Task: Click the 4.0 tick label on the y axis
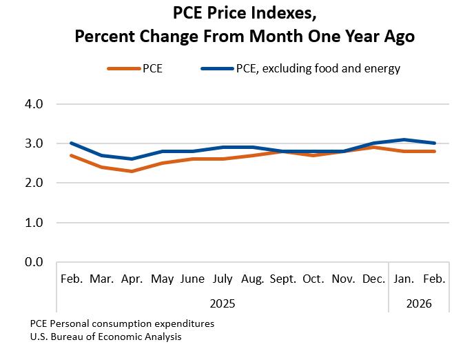click(34, 104)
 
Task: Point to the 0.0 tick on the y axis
click(34, 263)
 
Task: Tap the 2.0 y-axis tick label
click(34, 183)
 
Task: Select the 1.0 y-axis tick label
click(34, 223)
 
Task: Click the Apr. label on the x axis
click(132, 279)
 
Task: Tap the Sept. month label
click(283, 279)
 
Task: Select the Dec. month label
click(374, 279)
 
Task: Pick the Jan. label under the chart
click(404, 279)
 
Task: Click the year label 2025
click(223, 303)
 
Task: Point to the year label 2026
click(420, 303)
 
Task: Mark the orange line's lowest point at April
click(132, 171)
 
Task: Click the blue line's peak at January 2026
click(404, 139)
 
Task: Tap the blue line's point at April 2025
click(132, 159)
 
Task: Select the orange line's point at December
click(374, 147)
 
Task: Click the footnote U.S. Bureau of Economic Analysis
click(106, 337)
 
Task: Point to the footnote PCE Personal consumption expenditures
click(122, 323)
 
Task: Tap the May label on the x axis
click(162, 279)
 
